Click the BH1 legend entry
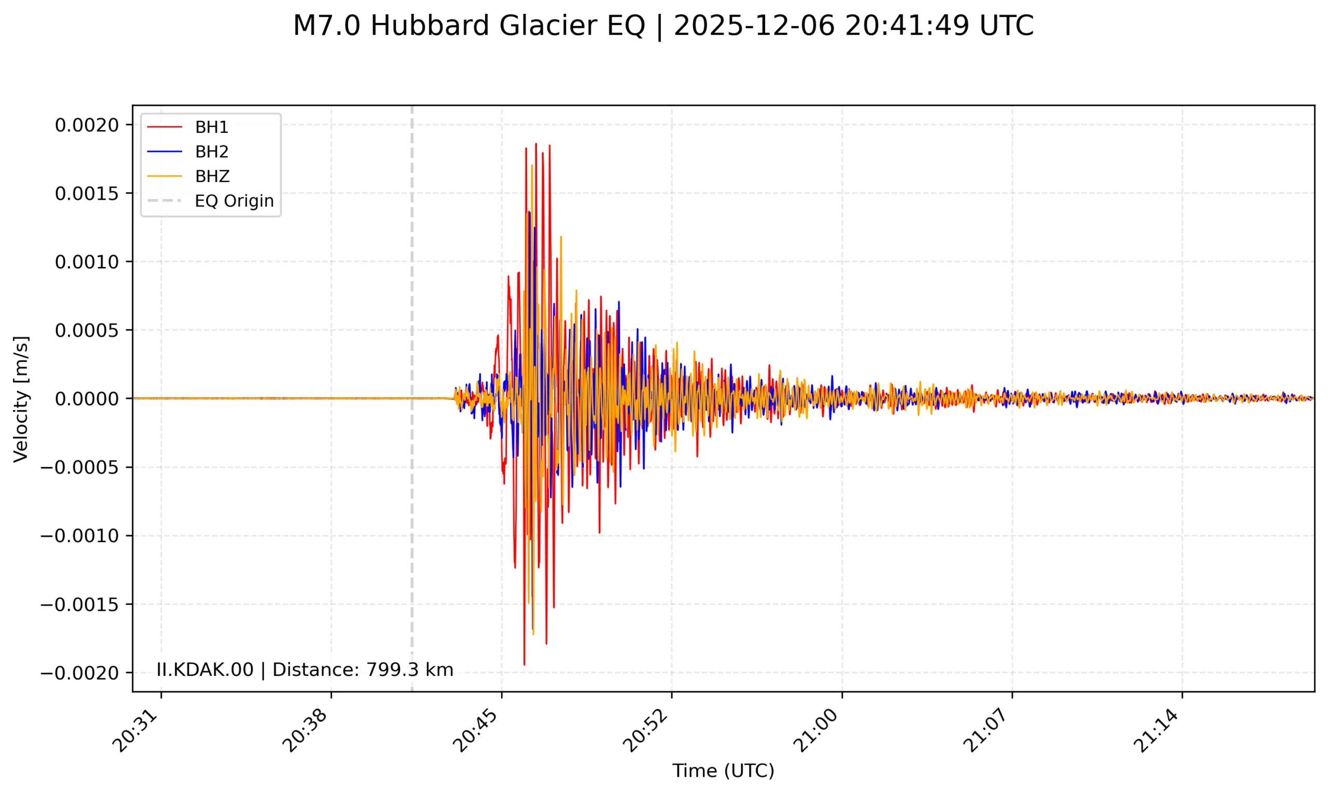click(x=211, y=128)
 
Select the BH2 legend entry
click(x=211, y=152)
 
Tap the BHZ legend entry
click(x=212, y=176)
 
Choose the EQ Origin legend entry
click(x=234, y=201)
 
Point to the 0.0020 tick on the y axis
click(x=87, y=125)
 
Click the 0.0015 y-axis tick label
click(x=87, y=193)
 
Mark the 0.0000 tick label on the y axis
click(x=87, y=399)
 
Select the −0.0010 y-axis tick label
click(x=80, y=536)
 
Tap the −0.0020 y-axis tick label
click(x=80, y=673)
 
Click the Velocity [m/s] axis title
click(x=21, y=399)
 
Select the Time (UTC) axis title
click(x=723, y=771)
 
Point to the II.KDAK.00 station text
click(x=204, y=670)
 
